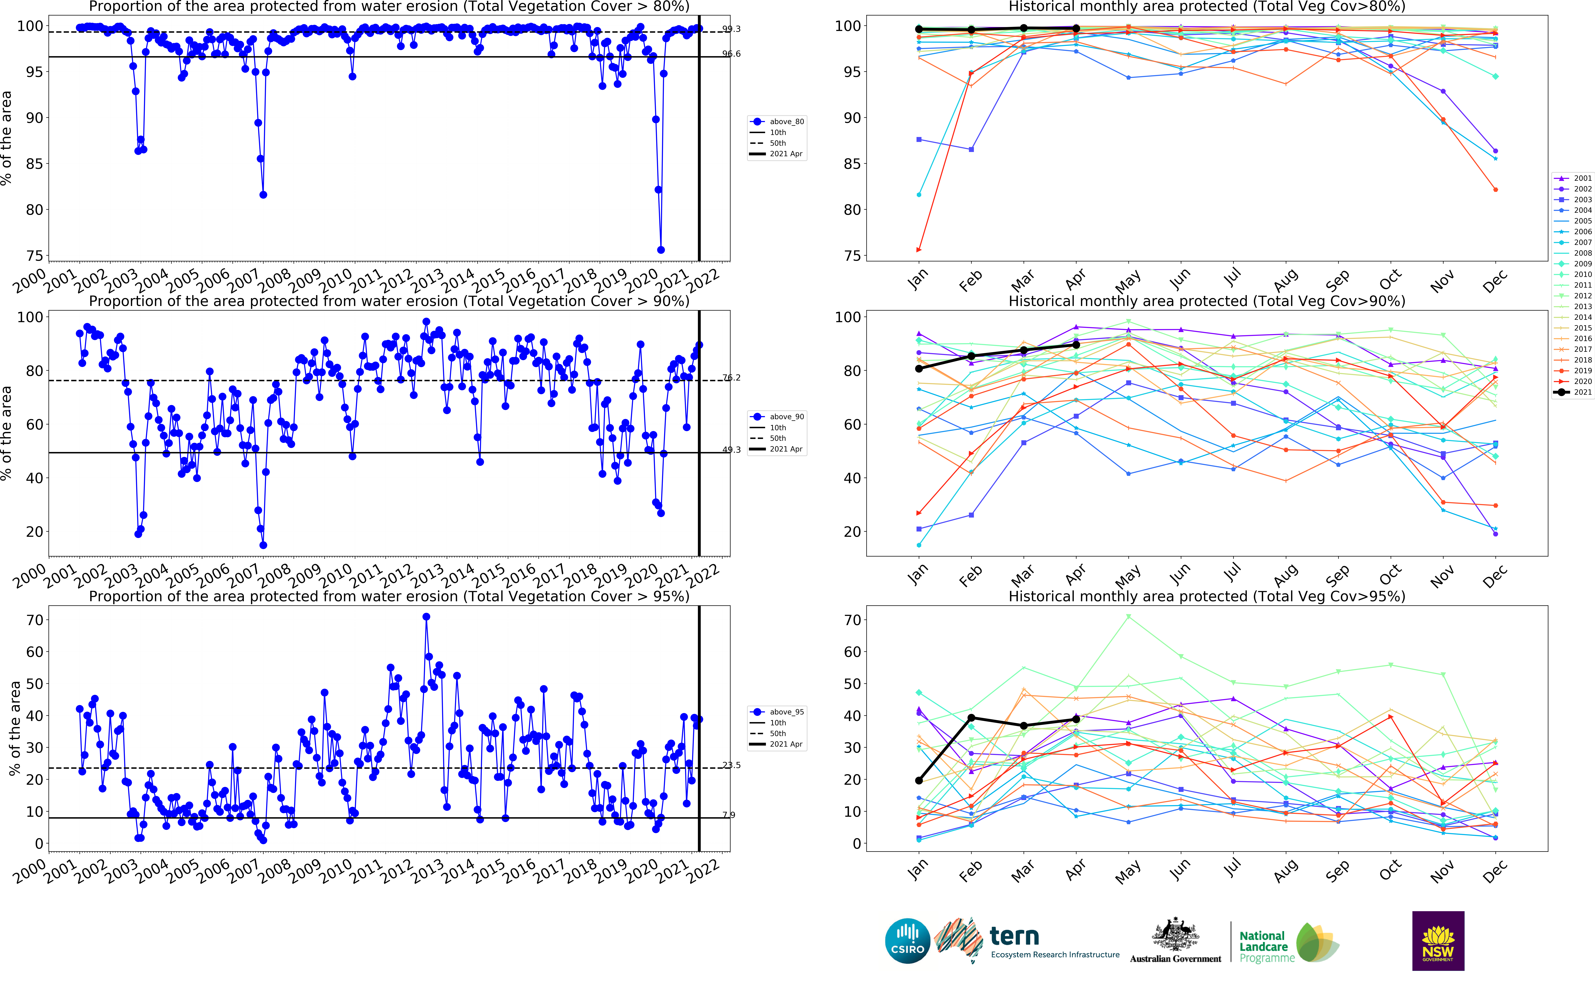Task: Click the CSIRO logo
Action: point(907,941)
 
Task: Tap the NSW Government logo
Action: point(1438,941)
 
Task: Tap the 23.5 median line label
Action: point(731,765)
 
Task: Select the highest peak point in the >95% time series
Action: point(426,617)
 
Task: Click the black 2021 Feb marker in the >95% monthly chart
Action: point(971,718)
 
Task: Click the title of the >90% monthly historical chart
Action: point(1206,301)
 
